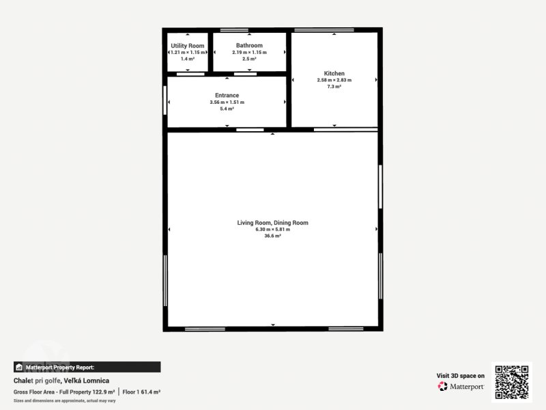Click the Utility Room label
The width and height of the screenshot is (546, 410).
187,46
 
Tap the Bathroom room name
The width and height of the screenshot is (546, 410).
249,45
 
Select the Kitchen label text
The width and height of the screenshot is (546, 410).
334,73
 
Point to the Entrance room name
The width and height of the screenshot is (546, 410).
227,95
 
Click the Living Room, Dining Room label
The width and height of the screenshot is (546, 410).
272,223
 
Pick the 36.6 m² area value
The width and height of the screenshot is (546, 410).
272,236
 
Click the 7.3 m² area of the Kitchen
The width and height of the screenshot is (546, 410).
334,87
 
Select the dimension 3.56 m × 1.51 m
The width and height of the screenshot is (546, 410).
227,102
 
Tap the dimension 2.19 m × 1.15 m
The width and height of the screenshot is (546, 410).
249,53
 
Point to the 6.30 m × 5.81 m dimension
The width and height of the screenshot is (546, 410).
272,230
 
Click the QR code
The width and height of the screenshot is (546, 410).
512,382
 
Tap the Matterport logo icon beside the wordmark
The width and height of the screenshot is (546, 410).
442,386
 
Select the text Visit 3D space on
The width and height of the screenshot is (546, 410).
460,375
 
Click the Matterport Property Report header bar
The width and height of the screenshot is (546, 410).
87,367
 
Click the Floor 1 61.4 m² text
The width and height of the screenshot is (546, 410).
141,392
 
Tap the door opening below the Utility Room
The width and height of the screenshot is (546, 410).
190,74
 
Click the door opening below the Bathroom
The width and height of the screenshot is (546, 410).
245,74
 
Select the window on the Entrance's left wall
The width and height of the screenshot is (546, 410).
164,100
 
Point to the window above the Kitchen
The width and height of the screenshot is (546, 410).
324,30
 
